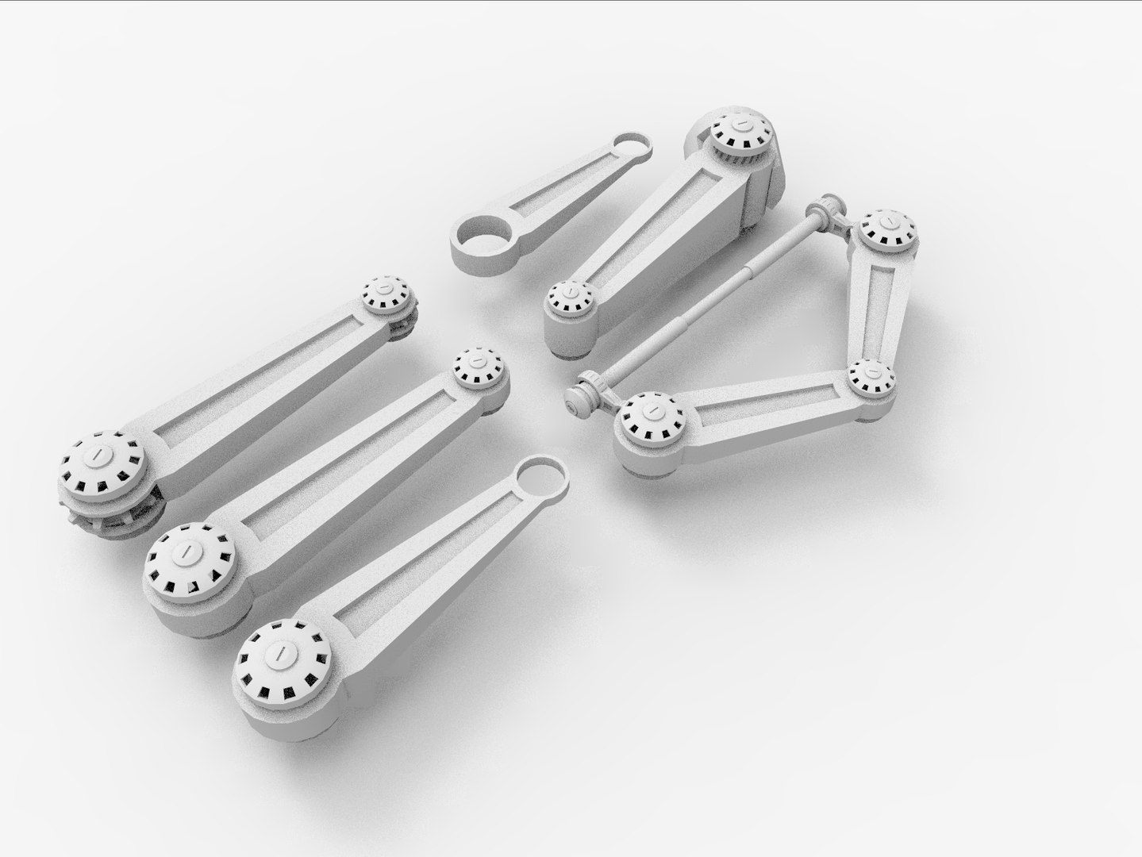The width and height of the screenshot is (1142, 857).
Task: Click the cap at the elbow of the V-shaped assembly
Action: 871,377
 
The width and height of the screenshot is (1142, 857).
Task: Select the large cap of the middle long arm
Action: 190,559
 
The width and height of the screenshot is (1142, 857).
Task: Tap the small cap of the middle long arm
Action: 479,369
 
